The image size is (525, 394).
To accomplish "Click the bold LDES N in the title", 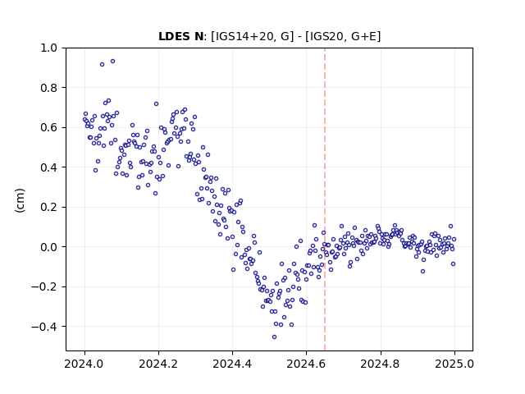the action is pos(180,36).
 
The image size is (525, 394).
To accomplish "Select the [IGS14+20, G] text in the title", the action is pos(252,36).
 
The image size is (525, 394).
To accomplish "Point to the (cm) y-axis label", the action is pos(20,200).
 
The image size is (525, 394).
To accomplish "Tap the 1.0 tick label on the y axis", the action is pos(48,48).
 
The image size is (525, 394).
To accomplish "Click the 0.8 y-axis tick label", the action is pos(48,88).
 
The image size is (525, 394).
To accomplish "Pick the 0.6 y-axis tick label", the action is pos(48,128).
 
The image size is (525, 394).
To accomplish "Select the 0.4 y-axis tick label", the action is pos(48,167).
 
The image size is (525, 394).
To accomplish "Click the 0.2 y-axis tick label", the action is pos(48,207).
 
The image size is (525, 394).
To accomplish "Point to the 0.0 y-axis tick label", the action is pos(48,247).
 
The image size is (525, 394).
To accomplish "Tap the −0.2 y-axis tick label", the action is pos(44,286).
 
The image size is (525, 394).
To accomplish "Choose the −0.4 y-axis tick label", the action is pos(44,327).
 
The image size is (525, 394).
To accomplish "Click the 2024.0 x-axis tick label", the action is pos(84,364).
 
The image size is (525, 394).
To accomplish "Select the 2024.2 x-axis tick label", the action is pos(158,364).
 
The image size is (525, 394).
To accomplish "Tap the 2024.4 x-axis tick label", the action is pos(232,364).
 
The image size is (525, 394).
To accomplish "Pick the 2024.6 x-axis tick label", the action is pos(306,364).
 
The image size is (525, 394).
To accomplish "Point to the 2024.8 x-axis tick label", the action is pos(380,364).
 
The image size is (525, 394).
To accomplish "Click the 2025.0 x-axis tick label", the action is pos(454,364).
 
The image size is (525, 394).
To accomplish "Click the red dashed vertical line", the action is pos(325,199).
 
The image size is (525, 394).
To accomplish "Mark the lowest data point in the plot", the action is pos(274,337).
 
